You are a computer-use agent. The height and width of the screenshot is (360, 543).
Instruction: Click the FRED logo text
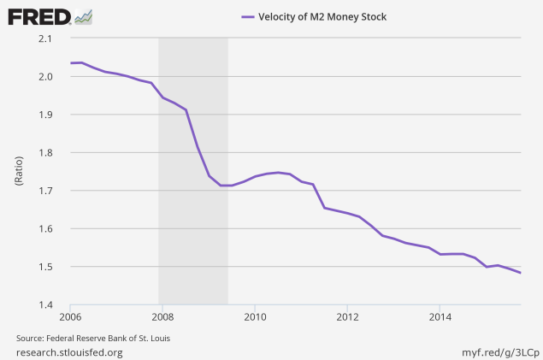pos(39,17)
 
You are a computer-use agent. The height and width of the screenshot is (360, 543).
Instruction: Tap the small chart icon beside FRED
pos(84,17)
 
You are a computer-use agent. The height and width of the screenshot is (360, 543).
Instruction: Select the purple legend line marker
pos(248,16)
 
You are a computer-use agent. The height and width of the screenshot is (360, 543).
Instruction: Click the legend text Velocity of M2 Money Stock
pos(322,16)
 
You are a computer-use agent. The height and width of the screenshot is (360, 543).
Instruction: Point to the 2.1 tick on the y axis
pos(45,38)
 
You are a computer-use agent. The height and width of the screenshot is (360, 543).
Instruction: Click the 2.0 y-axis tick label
pos(45,76)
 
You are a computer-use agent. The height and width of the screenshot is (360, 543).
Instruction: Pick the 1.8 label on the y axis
pos(45,153)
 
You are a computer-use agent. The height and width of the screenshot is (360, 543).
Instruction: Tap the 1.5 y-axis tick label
pos(45,267)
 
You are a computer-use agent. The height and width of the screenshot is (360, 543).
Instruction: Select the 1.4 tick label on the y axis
pos(45,305)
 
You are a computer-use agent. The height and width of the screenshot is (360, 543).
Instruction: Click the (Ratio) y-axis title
pos(19,171)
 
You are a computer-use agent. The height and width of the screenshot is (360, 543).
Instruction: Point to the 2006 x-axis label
pos(70,316)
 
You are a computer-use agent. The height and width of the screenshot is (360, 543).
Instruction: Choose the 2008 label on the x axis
pos(162,316)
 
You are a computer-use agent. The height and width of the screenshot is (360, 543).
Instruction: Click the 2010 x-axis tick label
pos(255,316)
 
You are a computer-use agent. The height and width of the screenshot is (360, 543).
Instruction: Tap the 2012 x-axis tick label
pos(347,316)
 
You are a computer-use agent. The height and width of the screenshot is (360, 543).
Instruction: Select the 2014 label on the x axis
pos(440,316)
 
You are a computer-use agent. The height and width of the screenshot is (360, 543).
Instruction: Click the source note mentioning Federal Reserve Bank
pos(93,338)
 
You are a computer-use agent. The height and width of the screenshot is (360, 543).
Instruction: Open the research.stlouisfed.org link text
pos(69,352)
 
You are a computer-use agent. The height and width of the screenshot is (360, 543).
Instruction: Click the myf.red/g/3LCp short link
pos(500,352)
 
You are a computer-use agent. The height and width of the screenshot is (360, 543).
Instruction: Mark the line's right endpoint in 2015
pos(521,273)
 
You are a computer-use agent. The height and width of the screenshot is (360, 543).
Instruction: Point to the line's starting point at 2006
pos(71,63)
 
